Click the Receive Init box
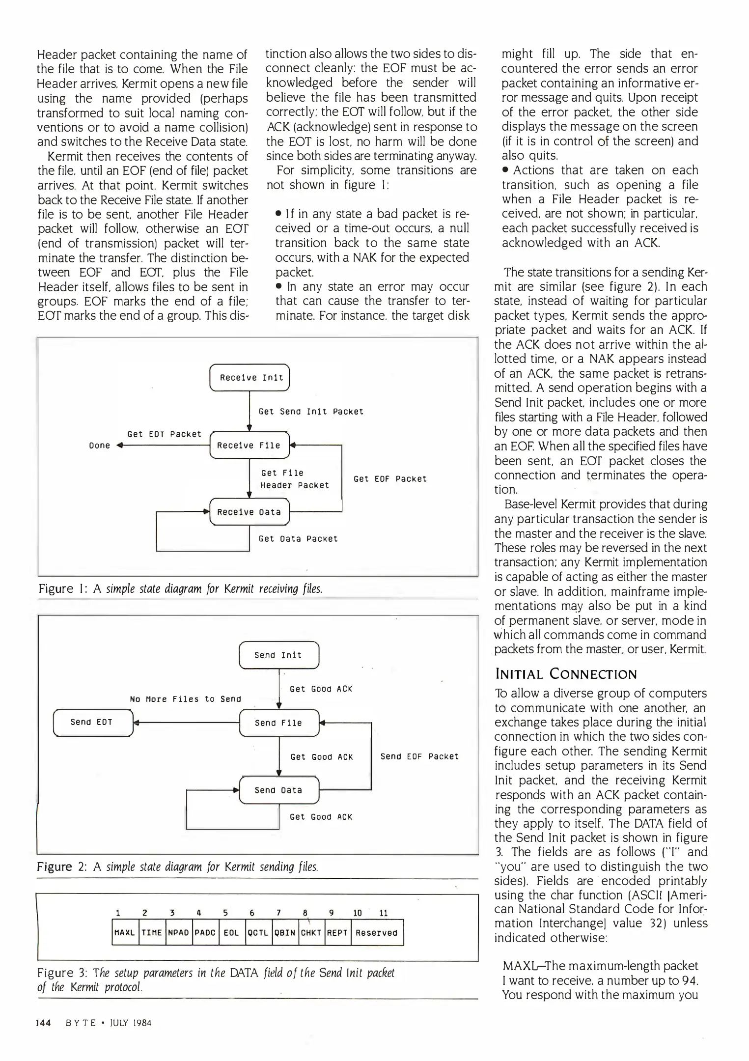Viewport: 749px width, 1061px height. click(x=250, y=377)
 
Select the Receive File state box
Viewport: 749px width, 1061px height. click(x=249, y=445)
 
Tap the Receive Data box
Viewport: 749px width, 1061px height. click(x=249, y=512)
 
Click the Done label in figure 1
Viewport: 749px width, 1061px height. click(x=100, y=446)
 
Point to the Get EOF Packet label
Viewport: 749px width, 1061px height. click(x=390, y=478)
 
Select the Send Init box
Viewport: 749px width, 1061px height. click(x=278, y=655)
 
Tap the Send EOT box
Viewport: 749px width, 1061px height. click(x=92, y=722)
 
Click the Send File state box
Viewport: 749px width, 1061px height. click(x=278, y=723)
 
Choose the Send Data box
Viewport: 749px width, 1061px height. click(x=278, y=790)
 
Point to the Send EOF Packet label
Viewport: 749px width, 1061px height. click(x=419, y=756)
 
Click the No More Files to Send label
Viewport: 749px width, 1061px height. click(x=185, y=699)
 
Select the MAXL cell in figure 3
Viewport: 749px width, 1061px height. click(x=125, y=932)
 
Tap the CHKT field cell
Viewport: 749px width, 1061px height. click(x=310, y=932)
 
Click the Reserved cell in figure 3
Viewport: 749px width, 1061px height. click(x=377, y=932)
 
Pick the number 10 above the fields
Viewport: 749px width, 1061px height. click(x=358, y=913)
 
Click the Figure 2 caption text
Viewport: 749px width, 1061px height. click(x=178, y=866)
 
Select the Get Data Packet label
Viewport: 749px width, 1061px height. click(x=298, y=539)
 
